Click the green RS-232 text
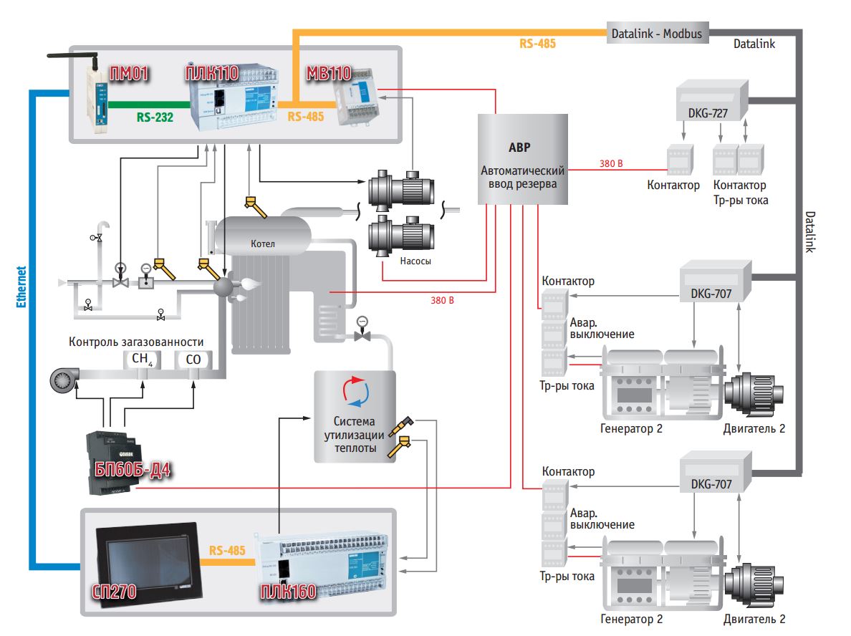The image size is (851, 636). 155,115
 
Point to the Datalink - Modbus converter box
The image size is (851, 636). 656,33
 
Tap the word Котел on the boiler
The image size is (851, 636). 263,244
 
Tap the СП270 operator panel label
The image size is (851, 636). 115,592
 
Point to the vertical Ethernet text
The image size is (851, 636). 21,286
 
